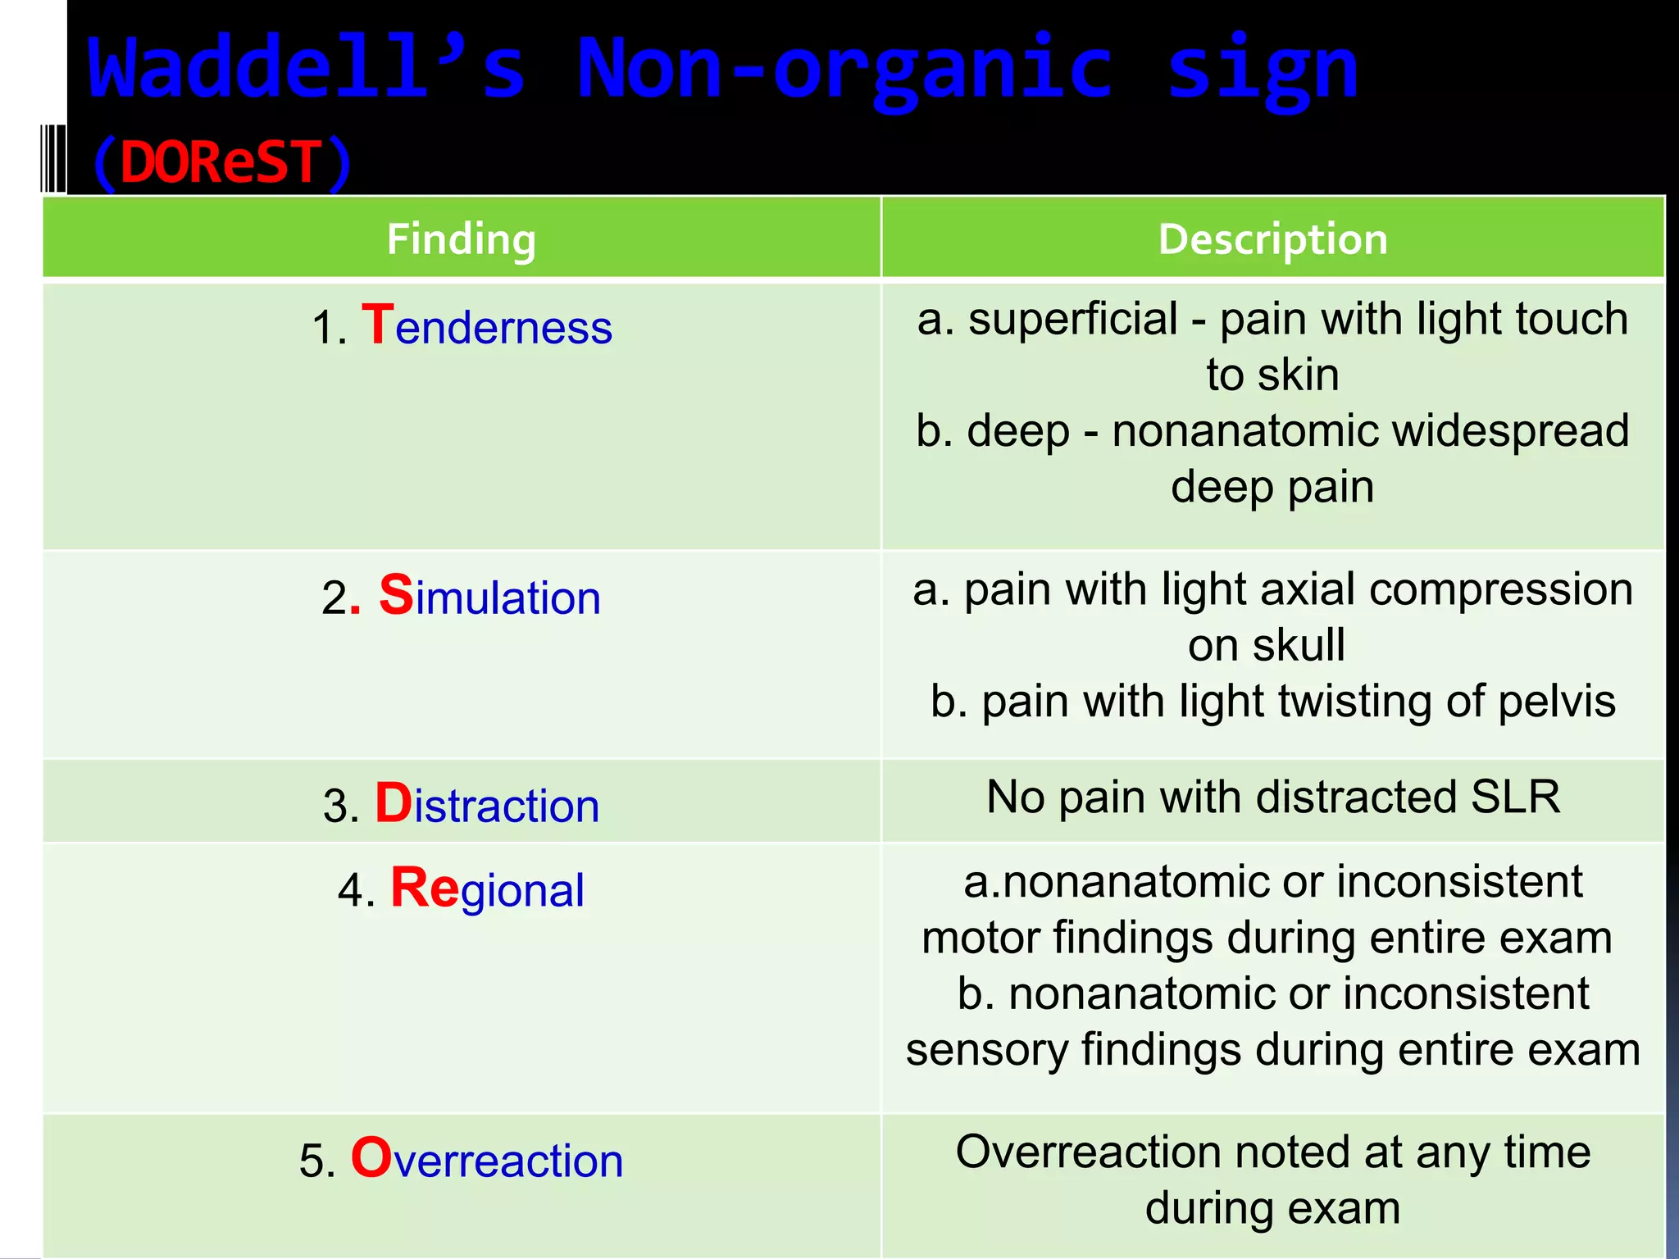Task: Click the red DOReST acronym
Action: tap(220, 162)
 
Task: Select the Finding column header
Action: tap(461, 239)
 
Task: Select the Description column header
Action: tap(1272, 239)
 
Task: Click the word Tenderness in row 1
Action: tap(487, 326)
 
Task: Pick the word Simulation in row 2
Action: tap(489, 597)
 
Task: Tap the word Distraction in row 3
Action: tap(487, 804)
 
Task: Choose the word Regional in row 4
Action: tap(487, 889)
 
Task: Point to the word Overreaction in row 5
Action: tap(487, 1160)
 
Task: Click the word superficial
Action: tap(1072, 319)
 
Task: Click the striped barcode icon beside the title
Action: tap(53, 158)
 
